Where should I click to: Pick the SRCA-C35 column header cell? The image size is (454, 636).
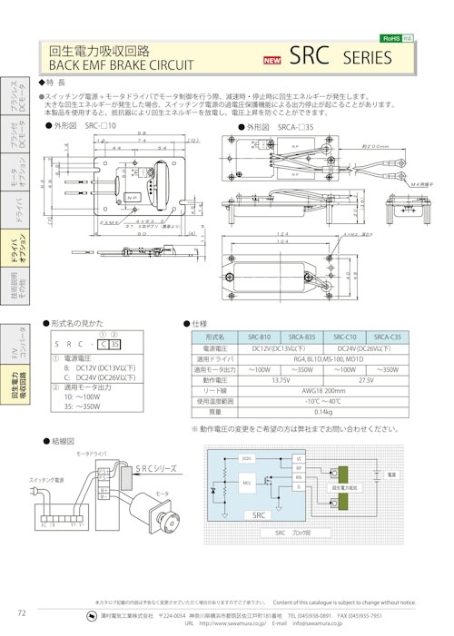click(387, 337)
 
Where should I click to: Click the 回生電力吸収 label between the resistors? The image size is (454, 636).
click(342, 487)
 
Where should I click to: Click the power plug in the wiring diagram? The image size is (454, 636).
click(39, 492)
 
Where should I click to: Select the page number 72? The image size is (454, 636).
click(21, 612)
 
